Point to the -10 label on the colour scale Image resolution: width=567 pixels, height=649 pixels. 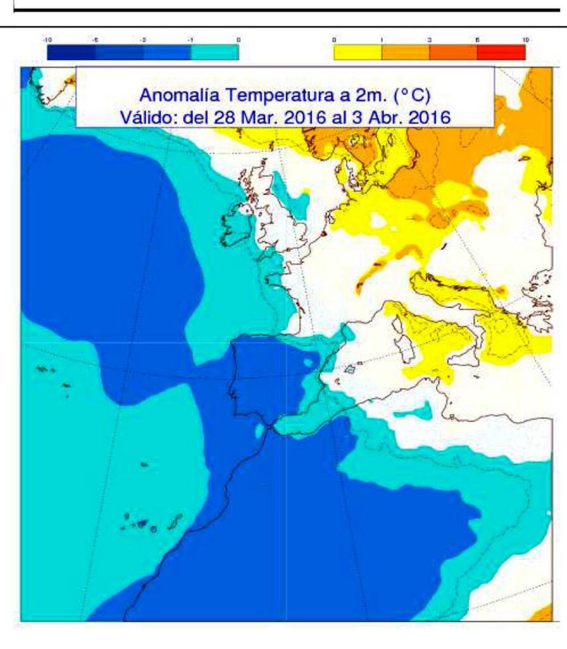[x=48, y=39]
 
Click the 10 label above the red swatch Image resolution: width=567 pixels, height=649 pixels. [x=525, y=39]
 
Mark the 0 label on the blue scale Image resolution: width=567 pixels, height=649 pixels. [x=238, y=39]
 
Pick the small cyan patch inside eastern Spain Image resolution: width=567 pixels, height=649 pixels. [x=310, y=363]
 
